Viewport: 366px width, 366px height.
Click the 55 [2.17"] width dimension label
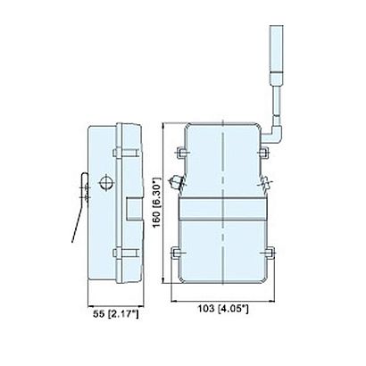[x=116, y=314]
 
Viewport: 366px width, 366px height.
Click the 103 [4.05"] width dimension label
[x=223, y=309]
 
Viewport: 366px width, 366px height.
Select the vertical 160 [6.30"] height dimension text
[x=156, y=203]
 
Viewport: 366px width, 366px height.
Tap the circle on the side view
[x=106, y=183]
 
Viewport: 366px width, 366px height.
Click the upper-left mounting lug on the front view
[x=181, y=153]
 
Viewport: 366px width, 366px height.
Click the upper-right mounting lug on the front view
[x=263, y=153]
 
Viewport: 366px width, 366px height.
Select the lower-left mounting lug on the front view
[x=177, y=253]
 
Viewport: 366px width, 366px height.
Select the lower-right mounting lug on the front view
[x=269, y=253]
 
